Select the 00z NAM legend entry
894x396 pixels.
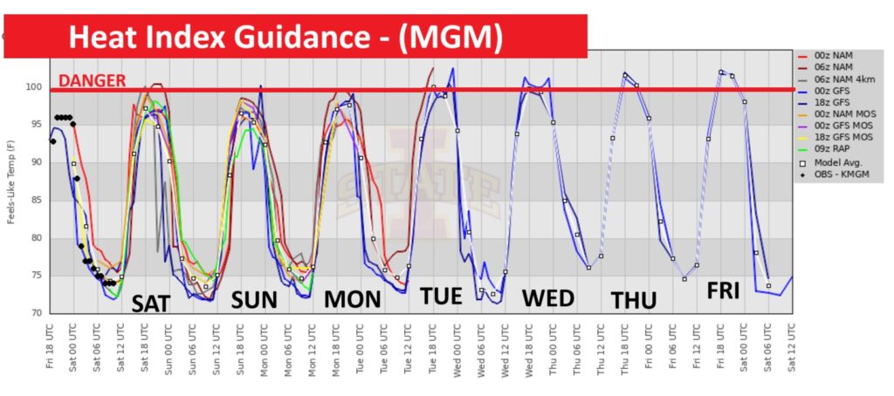coord(835,56)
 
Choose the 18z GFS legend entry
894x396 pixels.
coord(835,101)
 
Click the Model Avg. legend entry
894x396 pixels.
coord(839,163)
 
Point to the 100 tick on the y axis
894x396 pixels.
coord(36,87)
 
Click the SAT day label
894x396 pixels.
coord(157,304)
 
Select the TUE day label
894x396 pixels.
coord(441,297)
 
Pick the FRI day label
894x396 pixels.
coord(724,292)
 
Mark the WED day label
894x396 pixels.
coord(547,299)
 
